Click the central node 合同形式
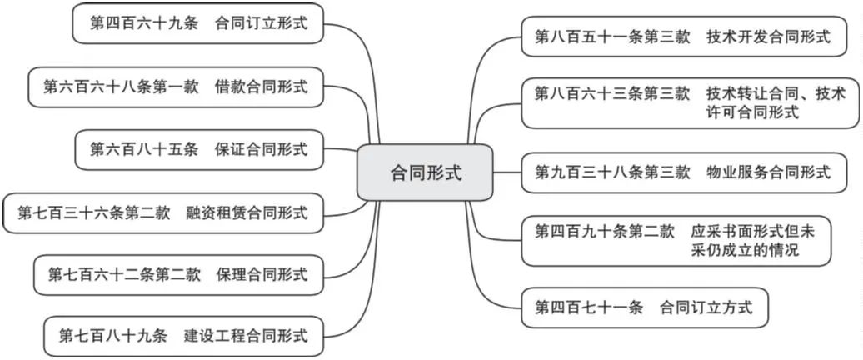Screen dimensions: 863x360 (425, 172)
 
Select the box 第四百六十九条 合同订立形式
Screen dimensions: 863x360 (198, 23)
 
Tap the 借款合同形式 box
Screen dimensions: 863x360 (176, 87)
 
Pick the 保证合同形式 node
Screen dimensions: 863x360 (199, 149)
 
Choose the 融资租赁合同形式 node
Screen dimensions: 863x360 (163, 212)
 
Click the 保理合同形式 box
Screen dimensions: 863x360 (179, 274)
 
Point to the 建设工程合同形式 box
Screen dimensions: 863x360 (183, 336)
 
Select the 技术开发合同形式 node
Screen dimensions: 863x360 (684, 37)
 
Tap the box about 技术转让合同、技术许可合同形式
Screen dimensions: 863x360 (691, 103)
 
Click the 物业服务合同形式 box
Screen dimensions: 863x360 (684, 172)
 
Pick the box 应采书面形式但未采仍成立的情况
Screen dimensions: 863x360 (676, 241)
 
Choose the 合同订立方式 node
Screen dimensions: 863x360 (644, 307)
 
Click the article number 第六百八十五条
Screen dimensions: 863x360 (143, 149)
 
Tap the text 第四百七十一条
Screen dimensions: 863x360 (588, 307)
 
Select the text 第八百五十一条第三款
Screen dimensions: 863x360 (612, 37)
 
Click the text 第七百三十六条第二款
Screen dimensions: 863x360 (93, 212)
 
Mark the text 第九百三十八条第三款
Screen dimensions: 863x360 (612, 172)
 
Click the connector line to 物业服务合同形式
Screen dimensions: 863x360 (507, 172)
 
